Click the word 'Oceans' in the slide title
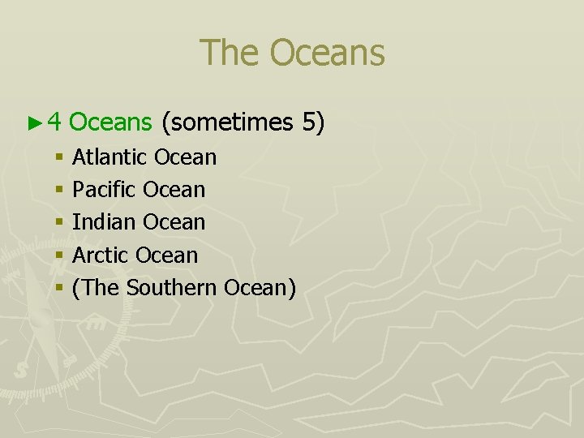328,54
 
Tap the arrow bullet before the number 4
33,123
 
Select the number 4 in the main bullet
54,122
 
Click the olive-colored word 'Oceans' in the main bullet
111,122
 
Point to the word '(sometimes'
227,123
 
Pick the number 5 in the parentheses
312,122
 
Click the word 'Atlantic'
109,157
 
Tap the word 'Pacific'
105,190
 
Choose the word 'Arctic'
101,255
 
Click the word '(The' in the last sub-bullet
97,287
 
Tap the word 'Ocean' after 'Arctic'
167,255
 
